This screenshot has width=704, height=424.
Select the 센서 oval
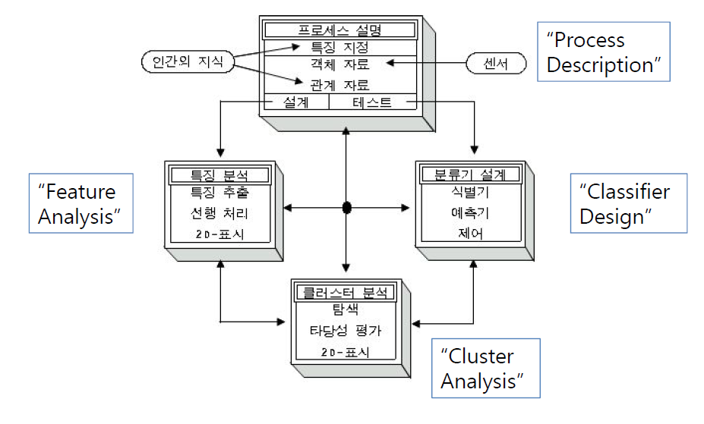(x=496, y=64)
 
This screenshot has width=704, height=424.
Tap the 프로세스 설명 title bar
(x=339, y=30)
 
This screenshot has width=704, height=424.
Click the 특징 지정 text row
(x=339, y=47)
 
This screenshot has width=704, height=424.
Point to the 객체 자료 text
(x=339, y=65)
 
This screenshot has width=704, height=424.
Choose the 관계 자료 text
(x=339, y=84)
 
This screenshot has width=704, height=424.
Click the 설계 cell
(x=295, y=102)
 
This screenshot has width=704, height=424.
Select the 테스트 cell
(x=372, y=102)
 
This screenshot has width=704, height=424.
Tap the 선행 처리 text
(x=219, y=213)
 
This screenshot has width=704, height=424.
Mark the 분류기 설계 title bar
(x=470, y=174)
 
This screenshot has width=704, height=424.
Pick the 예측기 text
(x=470, y=213)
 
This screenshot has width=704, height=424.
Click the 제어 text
(x=470, y=234)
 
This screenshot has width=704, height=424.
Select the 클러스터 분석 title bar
(x=346, y=292)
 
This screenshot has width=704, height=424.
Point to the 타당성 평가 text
(x=346, y=331)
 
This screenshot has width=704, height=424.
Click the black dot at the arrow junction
(x=346, y=208)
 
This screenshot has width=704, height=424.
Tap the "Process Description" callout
(x=604, y=52)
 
